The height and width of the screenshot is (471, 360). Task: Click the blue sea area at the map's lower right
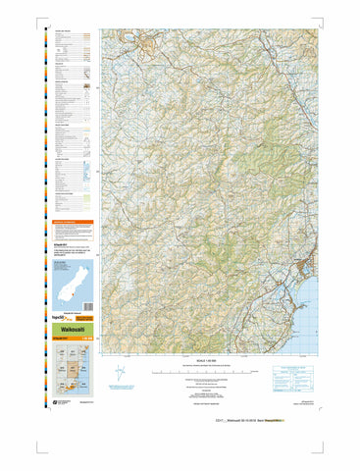(312, 314)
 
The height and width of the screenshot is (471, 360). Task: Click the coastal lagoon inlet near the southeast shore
(294, 294)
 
